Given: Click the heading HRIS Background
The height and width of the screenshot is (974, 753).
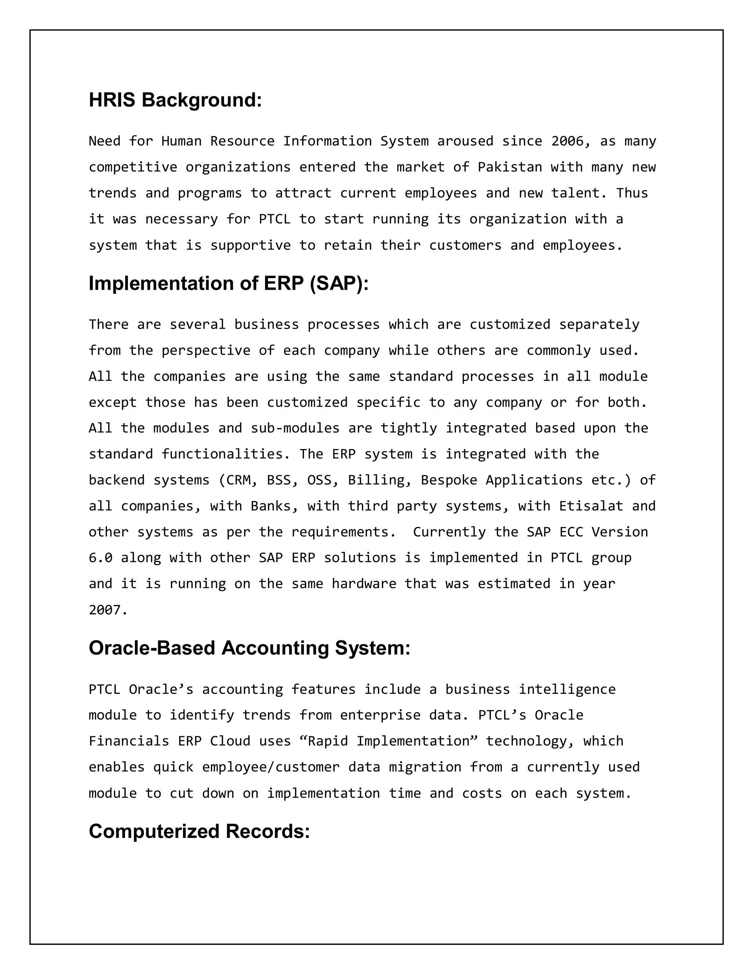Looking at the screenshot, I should [175, 100].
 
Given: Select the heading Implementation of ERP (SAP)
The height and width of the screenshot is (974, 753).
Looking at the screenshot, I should [228, 284].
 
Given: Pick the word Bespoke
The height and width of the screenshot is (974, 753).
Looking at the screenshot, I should [449, 480].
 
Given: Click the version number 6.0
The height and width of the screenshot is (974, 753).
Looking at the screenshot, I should [100, 558].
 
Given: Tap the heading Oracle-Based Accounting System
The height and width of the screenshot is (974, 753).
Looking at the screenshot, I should [249, 648].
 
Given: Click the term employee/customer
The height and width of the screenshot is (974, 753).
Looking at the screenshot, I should [270, 767].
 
